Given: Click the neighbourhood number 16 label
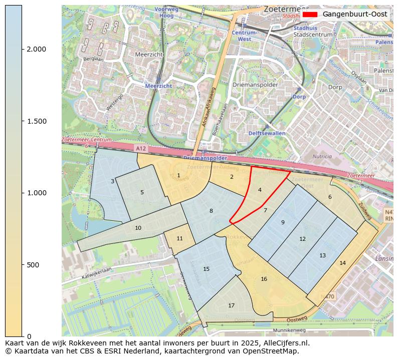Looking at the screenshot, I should tap(264, 279).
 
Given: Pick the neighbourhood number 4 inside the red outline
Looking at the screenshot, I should tap(260, 190).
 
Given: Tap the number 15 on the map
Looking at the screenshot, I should tap(206, 269).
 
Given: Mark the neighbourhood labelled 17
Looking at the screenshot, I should tap(231, 305).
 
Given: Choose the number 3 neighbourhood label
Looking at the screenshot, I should tap(112, 181).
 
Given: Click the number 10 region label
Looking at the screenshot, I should tap(138, 228).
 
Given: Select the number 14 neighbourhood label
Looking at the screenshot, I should tap(342, 263).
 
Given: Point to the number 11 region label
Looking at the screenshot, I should tap(179, 238).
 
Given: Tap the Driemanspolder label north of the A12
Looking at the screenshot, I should tap(255, 85).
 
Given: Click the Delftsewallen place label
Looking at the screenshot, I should tap(267, 133).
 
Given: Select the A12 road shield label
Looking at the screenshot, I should tap(141, 149).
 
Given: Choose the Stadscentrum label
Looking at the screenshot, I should tap(312, 35).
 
